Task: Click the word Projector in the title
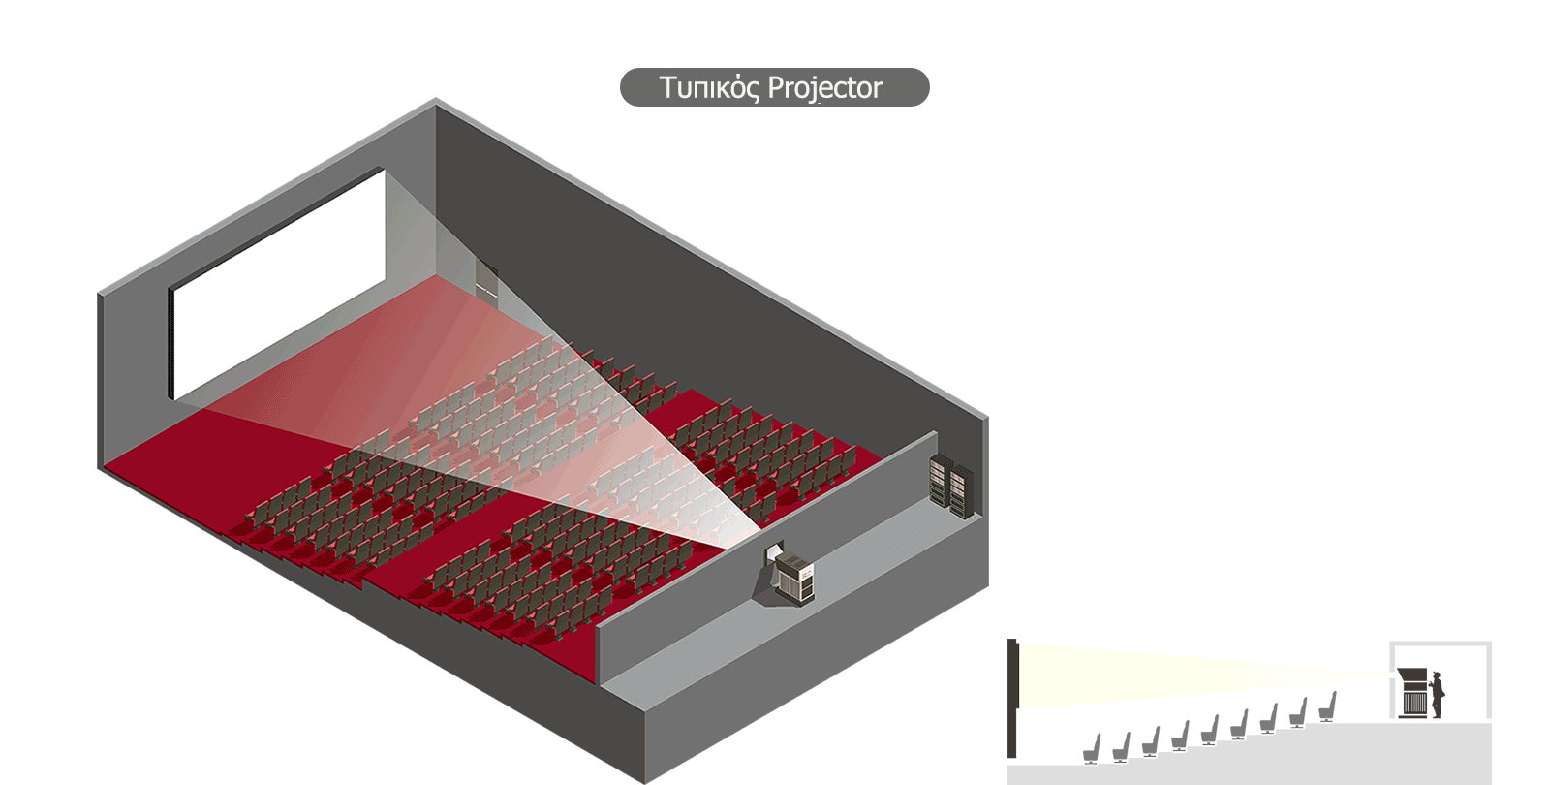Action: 824,88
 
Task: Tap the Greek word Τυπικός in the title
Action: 709,88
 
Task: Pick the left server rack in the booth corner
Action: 939,480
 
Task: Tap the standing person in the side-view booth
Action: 1438,695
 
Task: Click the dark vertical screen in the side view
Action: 1012,698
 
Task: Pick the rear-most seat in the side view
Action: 1328,706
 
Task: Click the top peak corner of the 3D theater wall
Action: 435,100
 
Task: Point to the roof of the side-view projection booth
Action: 1441,644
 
